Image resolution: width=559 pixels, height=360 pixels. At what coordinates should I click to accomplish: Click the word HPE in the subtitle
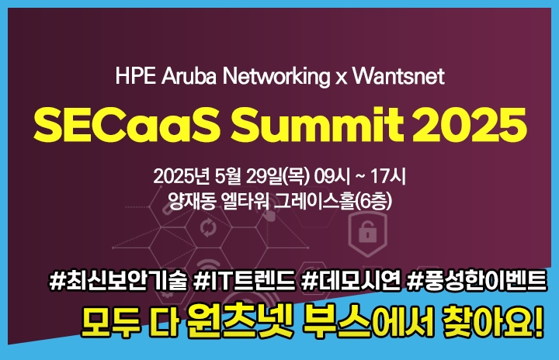(135, 76)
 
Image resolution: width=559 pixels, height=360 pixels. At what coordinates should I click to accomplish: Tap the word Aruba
(189, 76)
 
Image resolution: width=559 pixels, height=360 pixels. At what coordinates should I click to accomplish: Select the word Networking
(276, 77)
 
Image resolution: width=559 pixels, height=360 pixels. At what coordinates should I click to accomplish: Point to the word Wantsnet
(398, 76)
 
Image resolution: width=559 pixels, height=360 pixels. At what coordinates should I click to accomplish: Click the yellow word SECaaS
(127, 125)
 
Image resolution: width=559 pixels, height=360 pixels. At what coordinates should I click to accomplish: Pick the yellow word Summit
(318, 125)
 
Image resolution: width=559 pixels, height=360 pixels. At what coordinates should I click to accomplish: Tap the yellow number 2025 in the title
(469, 125)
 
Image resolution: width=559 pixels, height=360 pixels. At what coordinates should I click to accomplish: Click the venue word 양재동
(192, 201)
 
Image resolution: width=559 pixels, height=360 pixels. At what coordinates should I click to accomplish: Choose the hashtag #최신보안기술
(118, 281)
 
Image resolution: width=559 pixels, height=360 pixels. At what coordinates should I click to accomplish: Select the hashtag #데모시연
(351, 281)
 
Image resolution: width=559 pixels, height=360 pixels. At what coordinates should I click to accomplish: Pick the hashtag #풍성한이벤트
(477, 281)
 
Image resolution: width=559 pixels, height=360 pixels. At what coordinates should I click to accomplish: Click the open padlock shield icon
(367, 233)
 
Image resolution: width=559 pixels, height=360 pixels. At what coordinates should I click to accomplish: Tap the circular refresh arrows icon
(208, 228)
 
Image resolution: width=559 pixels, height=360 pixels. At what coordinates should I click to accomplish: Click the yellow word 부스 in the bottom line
(336, 320)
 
